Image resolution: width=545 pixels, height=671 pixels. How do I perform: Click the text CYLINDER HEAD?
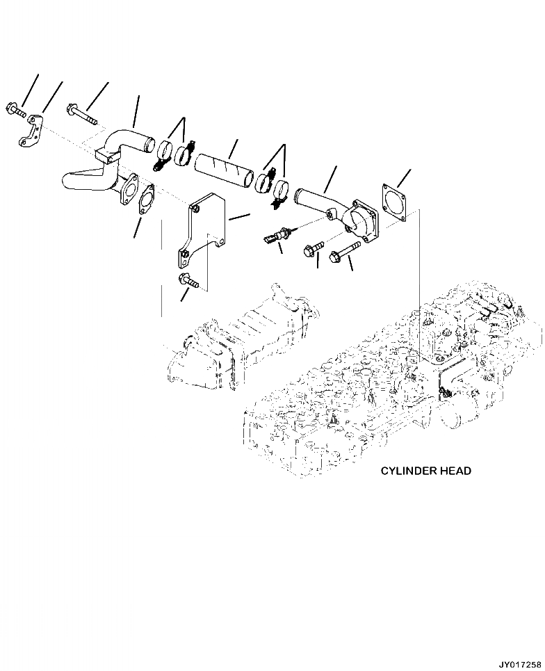click(x=425, y=471)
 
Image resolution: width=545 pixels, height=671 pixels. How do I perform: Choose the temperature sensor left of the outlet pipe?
click(x=277, y=236)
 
